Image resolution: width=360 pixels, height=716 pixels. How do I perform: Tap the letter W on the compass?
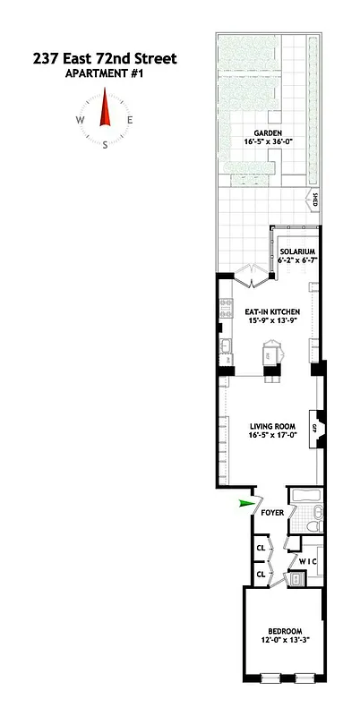coord(81,120)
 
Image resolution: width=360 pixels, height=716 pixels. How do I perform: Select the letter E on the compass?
coord(130,120)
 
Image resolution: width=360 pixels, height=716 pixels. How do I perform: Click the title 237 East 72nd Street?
coord(105,59)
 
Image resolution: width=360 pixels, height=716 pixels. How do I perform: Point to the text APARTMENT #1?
coord(105,74)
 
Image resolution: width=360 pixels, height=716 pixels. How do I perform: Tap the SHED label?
coord(314,200)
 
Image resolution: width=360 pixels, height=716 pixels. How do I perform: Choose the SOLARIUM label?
coord(296,251)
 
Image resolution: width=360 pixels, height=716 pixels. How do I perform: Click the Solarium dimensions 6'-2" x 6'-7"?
coord(296,261)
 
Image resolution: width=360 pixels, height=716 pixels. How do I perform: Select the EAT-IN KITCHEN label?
coord(266,311)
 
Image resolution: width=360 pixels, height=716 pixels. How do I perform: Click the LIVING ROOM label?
coord(266,426)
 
